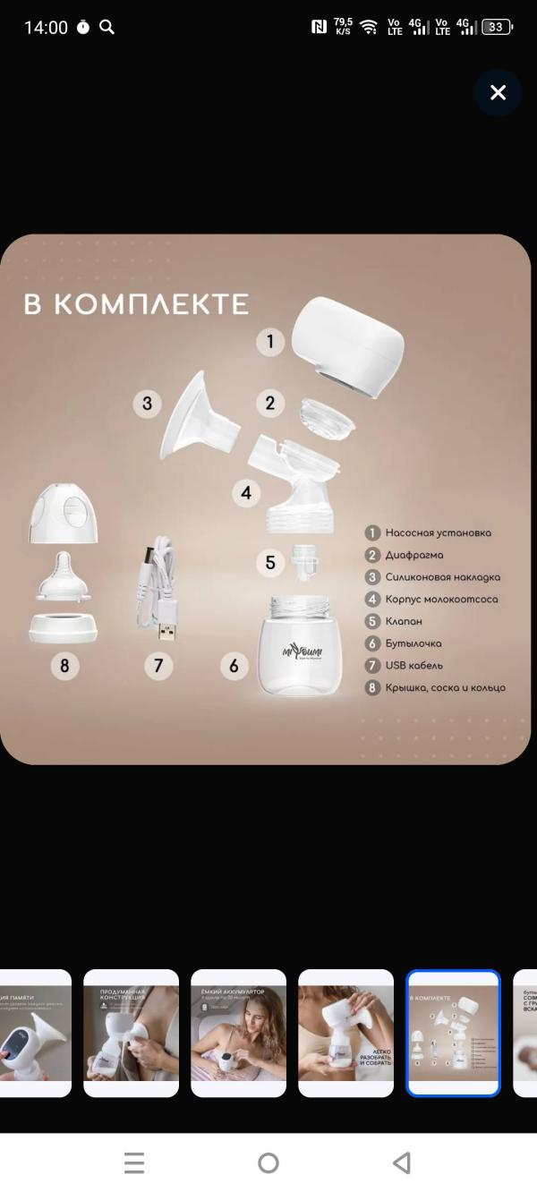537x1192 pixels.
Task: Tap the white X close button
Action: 499,92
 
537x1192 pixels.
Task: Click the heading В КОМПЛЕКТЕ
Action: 136,304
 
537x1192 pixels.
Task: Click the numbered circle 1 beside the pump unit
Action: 270,341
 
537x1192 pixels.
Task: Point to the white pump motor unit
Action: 349,345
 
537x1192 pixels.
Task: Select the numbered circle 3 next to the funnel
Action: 148,404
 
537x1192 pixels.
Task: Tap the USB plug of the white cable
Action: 167,633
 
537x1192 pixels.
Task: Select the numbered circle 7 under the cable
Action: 158,666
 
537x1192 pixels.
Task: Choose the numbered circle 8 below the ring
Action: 64,666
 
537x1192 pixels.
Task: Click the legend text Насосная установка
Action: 438,532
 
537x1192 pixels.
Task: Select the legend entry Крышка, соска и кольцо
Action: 445,687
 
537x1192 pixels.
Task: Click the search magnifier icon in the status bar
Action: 107,27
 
